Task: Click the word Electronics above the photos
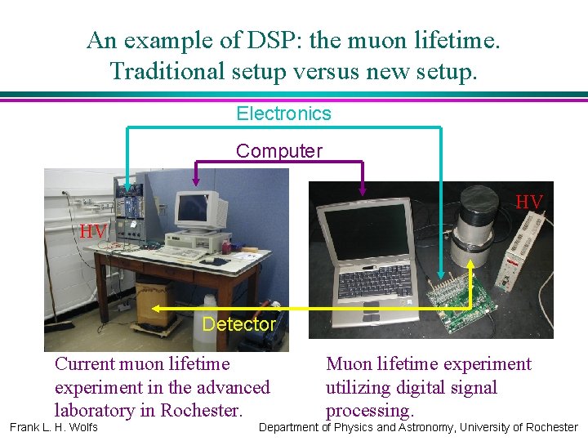point(283,114)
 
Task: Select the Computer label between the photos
point(279,151)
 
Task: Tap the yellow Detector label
point(238,324)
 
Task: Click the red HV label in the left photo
point(93,232)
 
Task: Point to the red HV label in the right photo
point(529,202)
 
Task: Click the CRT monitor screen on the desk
point(194,208)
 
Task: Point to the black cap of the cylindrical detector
point(480,198)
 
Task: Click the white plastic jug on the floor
point(204,307)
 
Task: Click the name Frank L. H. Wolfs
point(54,427)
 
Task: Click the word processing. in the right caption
point(370,410)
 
